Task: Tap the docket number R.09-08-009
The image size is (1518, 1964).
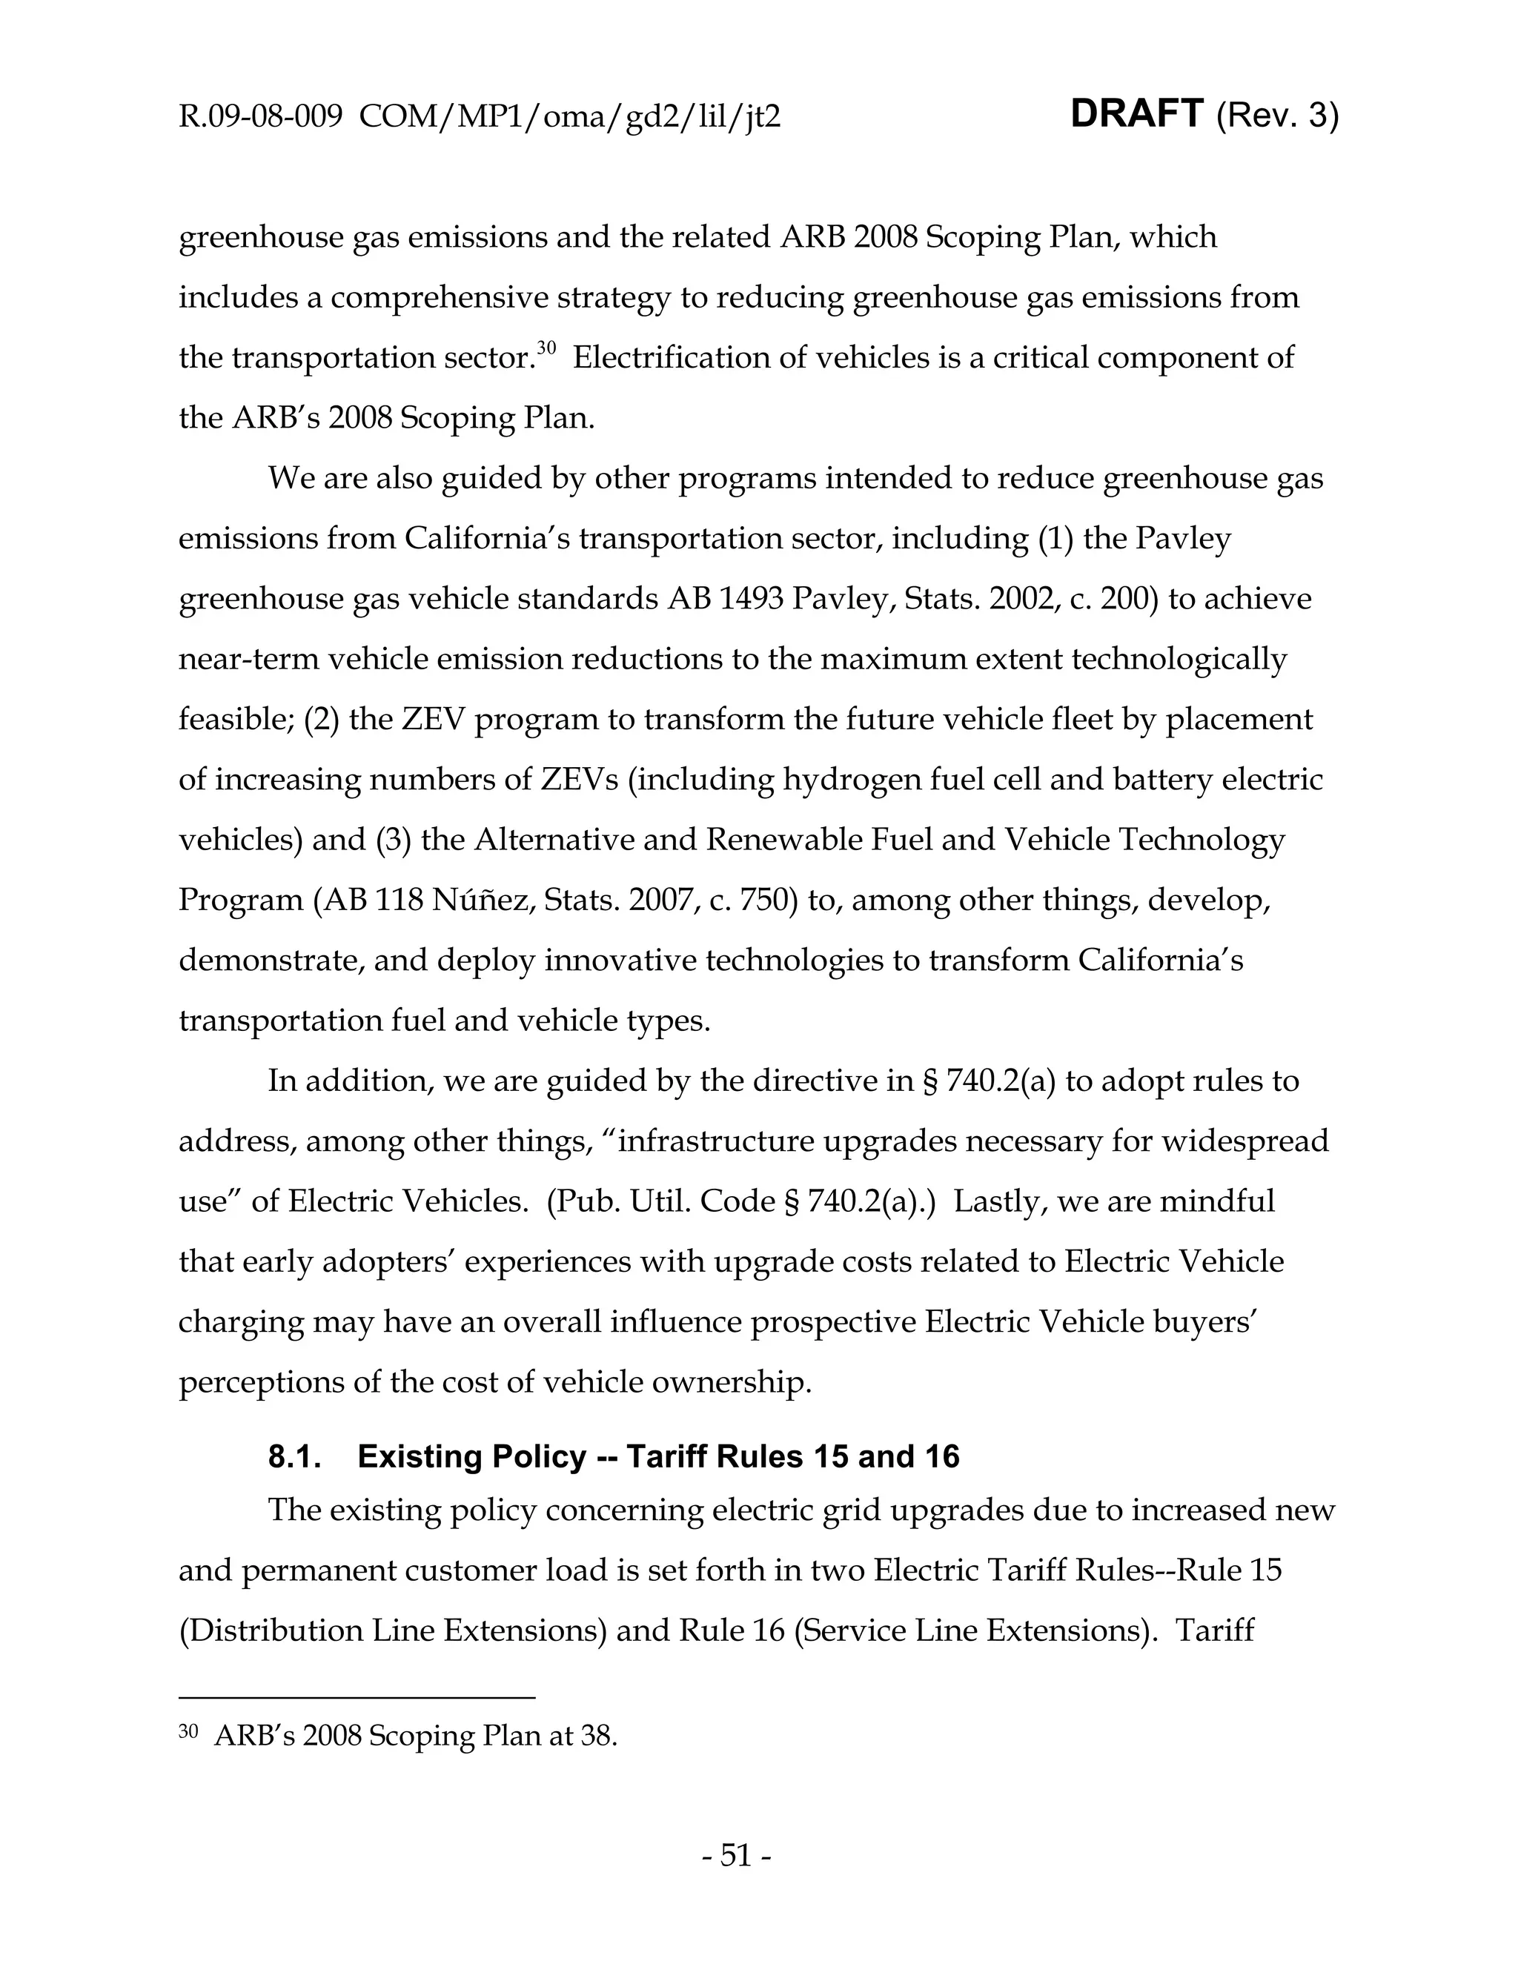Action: point(260,117)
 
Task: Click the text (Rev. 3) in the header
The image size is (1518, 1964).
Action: point(1277,116)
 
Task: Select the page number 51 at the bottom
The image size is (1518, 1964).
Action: point(735,1856)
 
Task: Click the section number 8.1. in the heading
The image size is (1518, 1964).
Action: point(295,1456)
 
